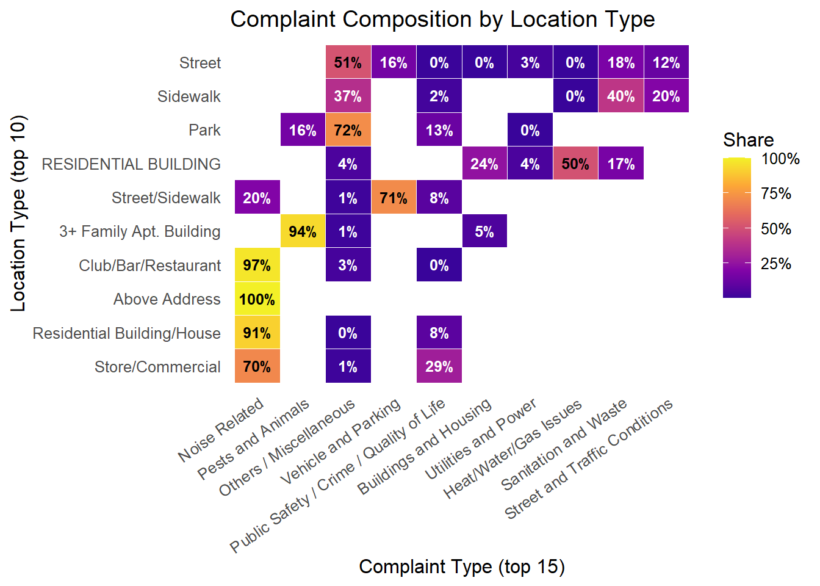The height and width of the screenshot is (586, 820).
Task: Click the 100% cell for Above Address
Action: point(257,299)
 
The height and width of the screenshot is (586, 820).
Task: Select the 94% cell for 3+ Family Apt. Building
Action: point(303,231)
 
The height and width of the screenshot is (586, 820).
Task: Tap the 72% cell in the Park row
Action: point(348,130)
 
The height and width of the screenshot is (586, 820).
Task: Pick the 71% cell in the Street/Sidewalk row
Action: point(394,198)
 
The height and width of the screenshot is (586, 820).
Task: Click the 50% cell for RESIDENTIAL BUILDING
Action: point(575,164)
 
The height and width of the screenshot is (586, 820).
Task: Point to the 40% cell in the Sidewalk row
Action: point(620,96)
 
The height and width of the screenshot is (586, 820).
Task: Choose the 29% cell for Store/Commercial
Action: point(439,366)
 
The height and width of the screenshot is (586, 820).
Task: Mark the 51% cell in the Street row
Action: point(348,62)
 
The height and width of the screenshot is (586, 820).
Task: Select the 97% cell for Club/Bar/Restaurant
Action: point(257,265)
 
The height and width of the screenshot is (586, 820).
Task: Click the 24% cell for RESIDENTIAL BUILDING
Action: point(484,164)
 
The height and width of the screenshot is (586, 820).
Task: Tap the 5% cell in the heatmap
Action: point(484,231)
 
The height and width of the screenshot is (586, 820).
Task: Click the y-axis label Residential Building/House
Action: point(126,333)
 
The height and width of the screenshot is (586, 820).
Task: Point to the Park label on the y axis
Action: point(204,130)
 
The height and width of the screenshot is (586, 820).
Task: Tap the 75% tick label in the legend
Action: point(776,194)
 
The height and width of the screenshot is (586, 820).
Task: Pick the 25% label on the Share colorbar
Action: point(776,264)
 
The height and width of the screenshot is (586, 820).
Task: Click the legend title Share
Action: point(748,140)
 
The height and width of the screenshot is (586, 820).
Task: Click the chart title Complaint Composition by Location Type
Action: point(442,20)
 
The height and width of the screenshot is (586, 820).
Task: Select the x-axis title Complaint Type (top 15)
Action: point(462,566)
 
